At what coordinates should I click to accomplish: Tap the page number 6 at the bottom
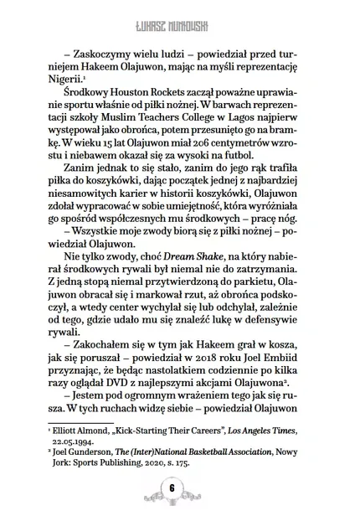180,488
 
